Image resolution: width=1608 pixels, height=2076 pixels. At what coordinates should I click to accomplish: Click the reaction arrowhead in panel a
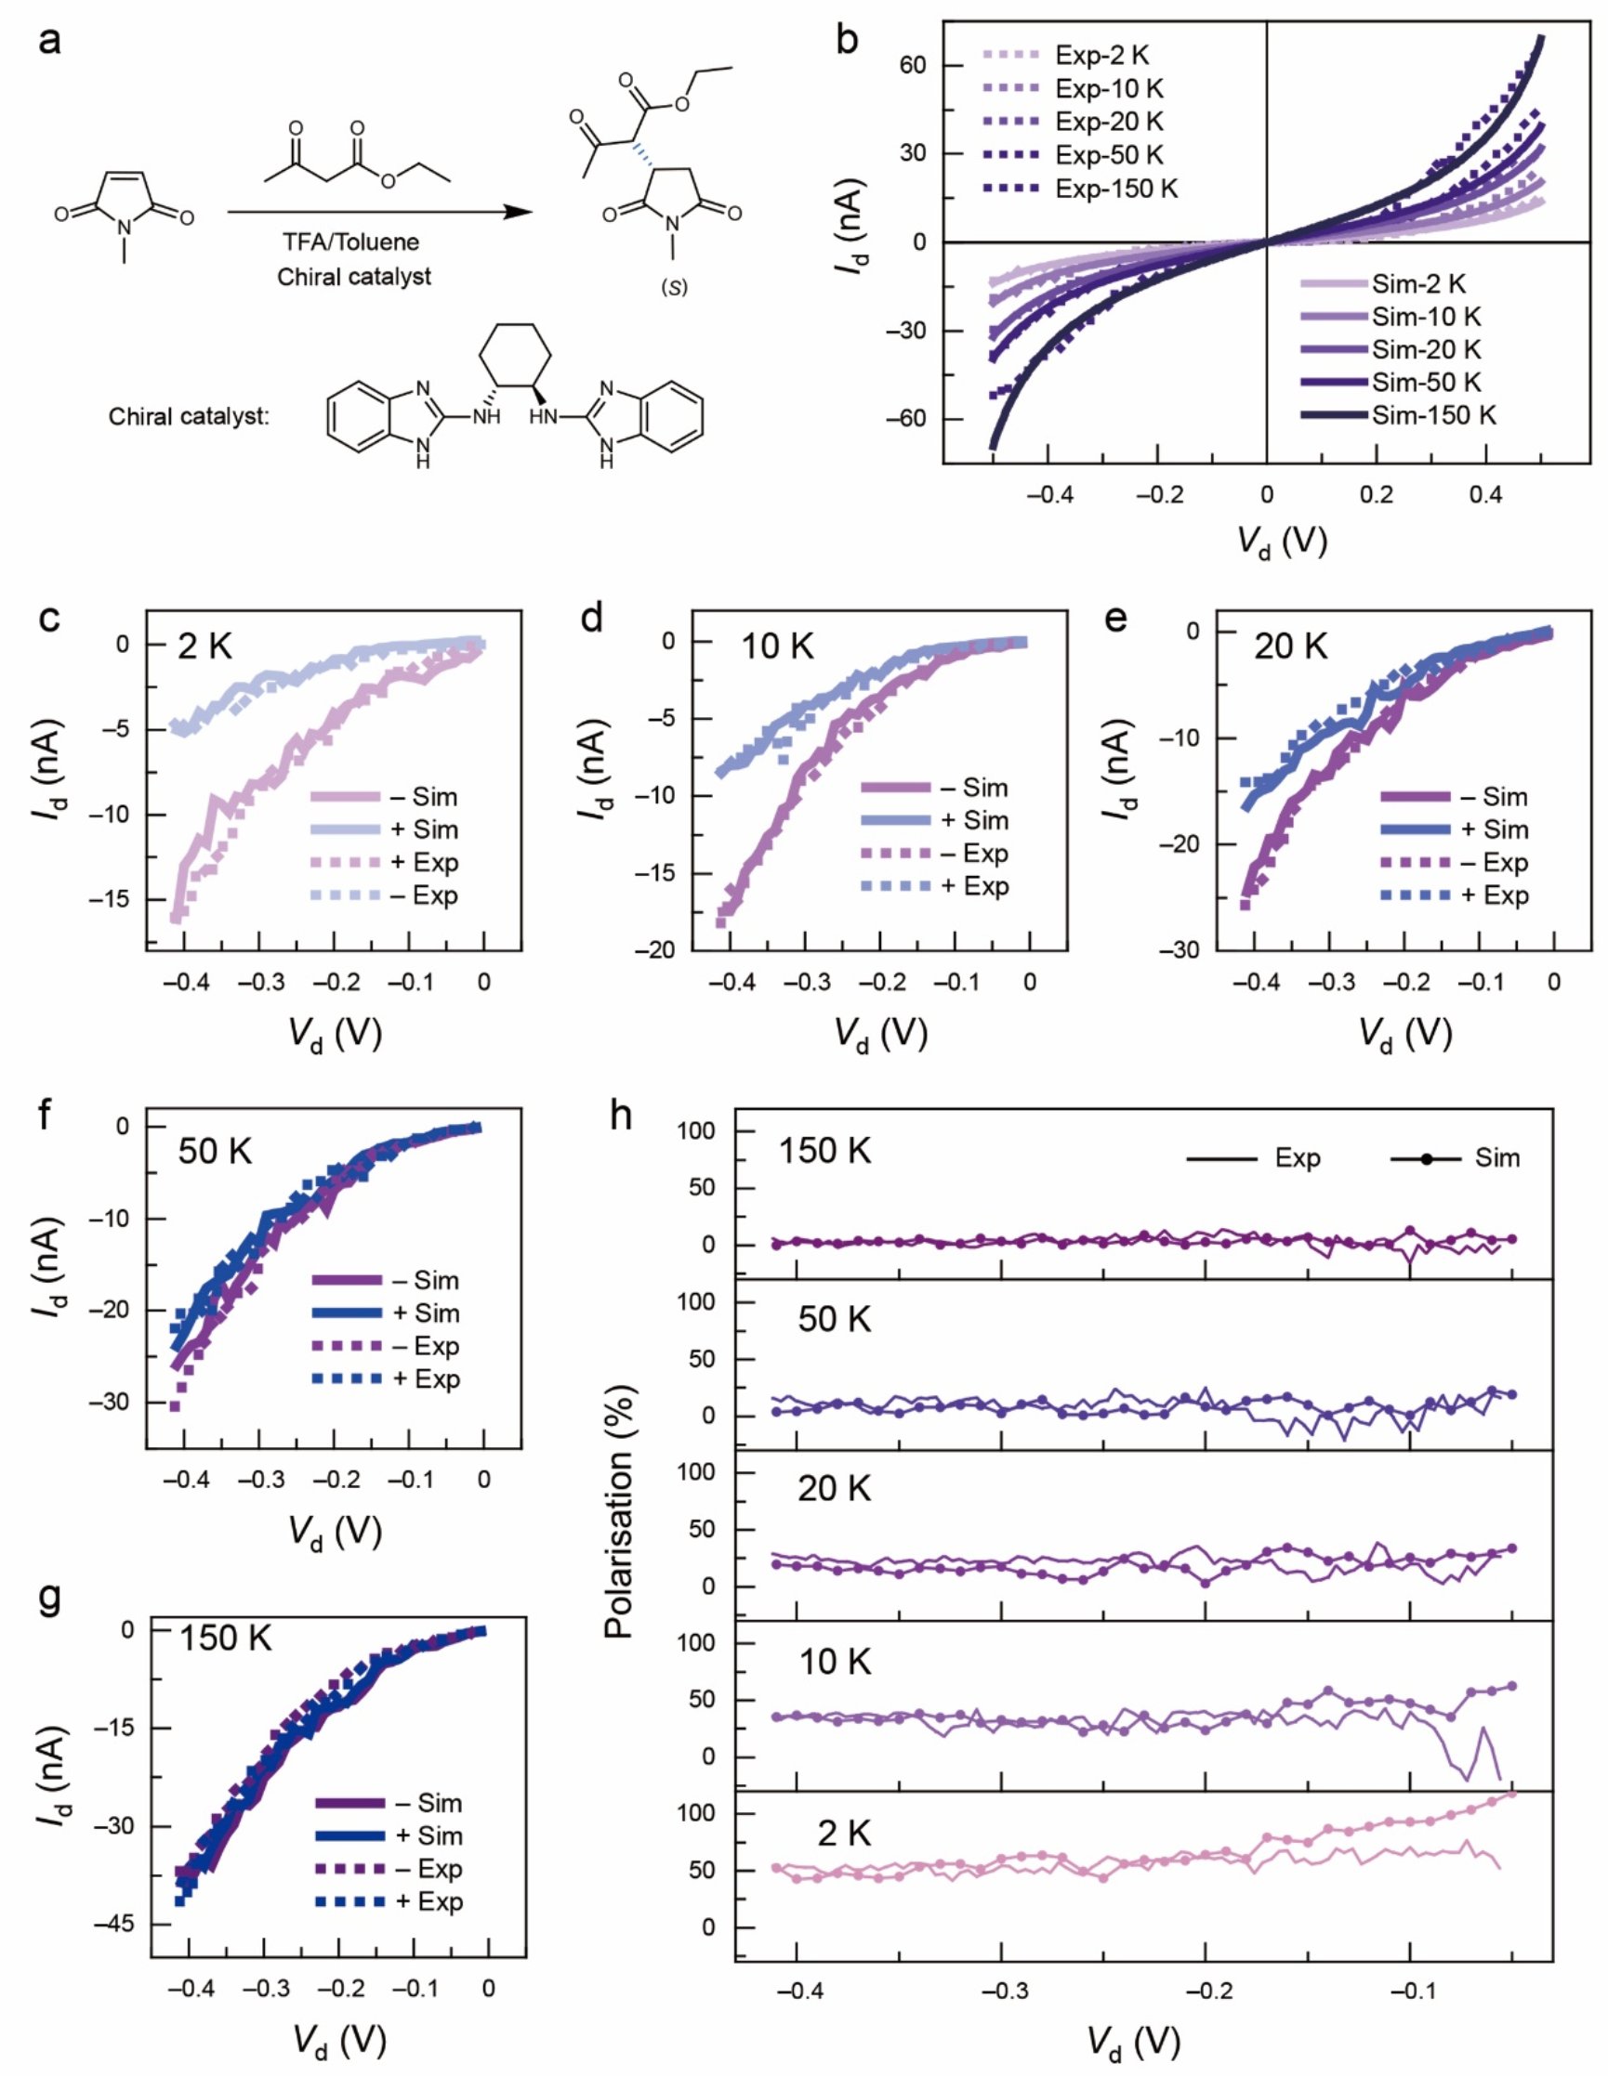[x=519, y=211]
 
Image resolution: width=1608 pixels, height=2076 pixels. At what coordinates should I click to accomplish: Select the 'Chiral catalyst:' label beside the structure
[x=190, y=416]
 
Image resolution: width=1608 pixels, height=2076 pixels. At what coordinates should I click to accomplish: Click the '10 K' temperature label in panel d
[x=777, y=646]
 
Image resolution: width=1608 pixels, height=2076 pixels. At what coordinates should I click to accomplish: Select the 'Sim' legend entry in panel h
[x=1496, y=1157]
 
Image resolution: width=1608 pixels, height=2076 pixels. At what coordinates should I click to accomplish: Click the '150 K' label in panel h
[x=824, y=1151]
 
